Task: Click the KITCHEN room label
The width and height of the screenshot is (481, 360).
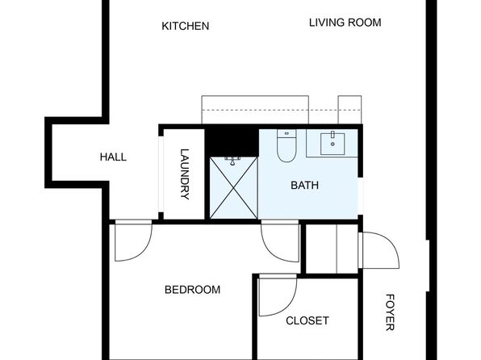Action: (186, 26)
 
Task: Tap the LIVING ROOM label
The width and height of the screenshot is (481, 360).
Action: (345, 23)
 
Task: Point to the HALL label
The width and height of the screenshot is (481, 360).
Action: (113, 157)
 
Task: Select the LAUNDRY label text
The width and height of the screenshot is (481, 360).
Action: (184, 174)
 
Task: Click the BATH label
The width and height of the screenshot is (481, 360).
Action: (304, 186)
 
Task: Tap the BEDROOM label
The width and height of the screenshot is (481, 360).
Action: (192, 290)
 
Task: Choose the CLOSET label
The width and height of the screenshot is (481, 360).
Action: (307, 320)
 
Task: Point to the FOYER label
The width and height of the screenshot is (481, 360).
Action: (390, 312)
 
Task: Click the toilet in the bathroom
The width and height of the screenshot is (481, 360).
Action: (287, 145)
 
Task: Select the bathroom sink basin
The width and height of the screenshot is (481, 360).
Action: (333, 144)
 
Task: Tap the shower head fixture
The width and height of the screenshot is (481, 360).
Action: (232, 161)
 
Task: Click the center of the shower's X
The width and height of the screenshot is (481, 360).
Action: (233, 188)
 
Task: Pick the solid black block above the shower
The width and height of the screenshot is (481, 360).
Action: (232, 143)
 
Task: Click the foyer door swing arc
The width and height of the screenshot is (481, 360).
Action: (391, 242)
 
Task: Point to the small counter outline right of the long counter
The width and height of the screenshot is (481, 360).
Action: (349, 110)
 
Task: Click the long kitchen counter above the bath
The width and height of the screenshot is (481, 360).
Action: (255, 110)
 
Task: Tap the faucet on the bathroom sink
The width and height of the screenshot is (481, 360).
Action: (333, 135)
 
